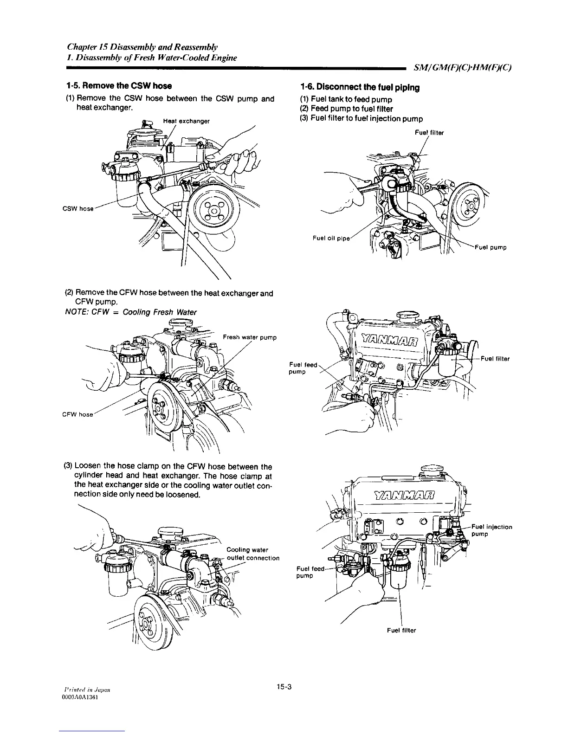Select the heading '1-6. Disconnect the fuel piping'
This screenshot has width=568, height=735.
pyautogui.click(x=360, y=87)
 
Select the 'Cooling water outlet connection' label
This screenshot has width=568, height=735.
pyautogui.click(x=252, y=554)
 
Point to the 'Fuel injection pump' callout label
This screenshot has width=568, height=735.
pyautogui.click(x=491, y=530)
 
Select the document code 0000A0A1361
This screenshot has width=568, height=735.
pyautogui.click(x=77, y=697)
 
